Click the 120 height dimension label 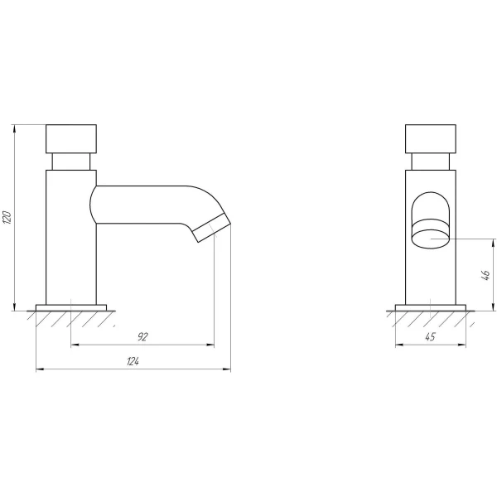point(7,217)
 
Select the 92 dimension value point(143,336)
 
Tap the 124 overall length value point(133,361)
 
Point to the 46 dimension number point(485,275)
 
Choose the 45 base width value point(430,336)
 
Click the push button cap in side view point(71,139)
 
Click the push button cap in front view point(431,139)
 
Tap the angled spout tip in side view point(212,228)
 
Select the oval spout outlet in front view point(431,239)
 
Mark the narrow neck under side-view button point(71,162)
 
